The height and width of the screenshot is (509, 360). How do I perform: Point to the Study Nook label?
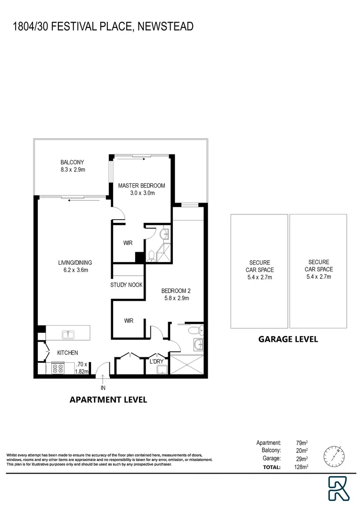click(x=126, y=285)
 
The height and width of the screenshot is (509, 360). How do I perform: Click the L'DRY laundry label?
click(x=156, y=362)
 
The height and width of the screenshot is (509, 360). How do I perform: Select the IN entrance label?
click(x=103, y=388)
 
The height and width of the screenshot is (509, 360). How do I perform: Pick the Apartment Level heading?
click(x=108, y=400)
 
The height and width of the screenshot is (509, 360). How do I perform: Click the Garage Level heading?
click(x=287, y=338)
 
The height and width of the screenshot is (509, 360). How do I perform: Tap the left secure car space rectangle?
click(x=258, y=271)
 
